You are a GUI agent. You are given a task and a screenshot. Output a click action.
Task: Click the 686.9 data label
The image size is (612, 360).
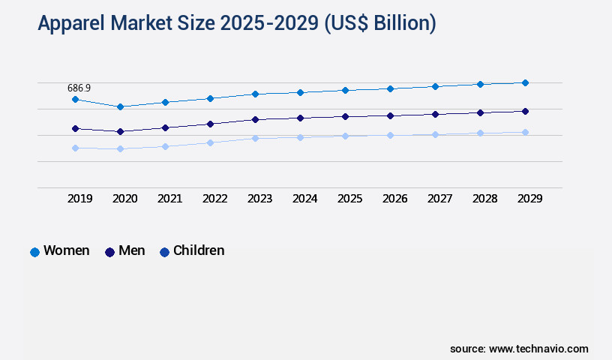79,88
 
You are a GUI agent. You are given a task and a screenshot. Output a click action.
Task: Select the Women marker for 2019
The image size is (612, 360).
75,99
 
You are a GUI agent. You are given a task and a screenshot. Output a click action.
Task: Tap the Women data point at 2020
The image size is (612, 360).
120,106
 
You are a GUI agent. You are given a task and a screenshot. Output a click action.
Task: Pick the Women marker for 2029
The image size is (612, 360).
525,82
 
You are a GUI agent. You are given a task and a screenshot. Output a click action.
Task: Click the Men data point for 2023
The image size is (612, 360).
255,119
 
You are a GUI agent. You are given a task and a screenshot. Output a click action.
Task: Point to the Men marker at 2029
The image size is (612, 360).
525,111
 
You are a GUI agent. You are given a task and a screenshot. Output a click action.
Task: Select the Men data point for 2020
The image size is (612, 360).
120,131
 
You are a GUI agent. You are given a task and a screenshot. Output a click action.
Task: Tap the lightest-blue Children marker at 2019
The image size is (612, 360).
75,148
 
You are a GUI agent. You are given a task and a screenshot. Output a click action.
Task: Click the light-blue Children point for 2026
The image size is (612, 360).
390,135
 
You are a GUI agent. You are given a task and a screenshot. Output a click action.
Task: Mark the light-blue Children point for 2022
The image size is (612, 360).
210,142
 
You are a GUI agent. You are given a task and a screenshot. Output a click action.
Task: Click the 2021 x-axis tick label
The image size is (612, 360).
169,199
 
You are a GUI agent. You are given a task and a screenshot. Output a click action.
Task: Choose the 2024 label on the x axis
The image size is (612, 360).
304,199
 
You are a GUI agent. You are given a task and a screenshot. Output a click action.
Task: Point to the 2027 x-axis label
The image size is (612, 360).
439,199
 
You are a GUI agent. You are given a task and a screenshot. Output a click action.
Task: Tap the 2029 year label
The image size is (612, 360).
529,199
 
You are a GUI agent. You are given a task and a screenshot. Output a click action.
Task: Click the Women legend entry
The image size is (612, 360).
66,250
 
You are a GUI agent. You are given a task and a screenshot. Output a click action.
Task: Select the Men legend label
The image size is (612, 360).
131,250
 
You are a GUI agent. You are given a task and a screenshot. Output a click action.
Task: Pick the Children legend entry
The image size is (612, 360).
198,250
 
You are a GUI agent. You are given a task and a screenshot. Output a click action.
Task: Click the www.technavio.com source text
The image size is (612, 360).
538,349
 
